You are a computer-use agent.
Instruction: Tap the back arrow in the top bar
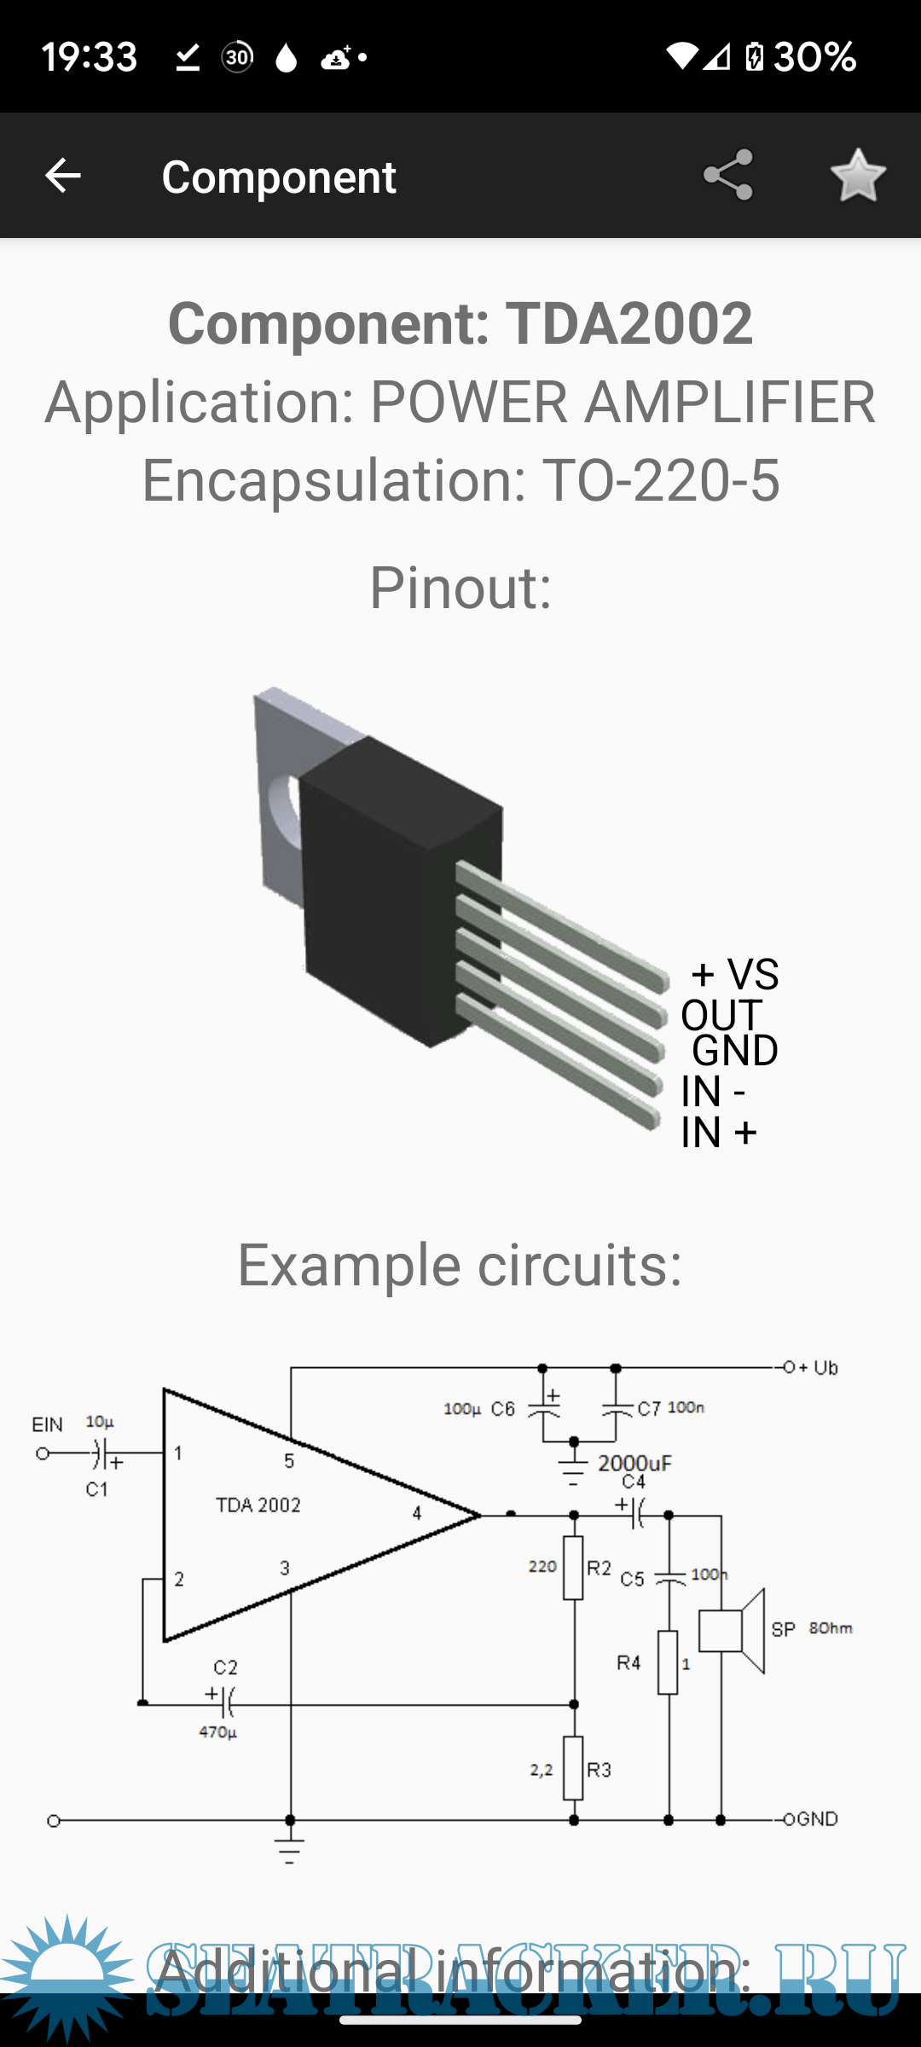pos(62,176)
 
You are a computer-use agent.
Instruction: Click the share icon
pos(727,176)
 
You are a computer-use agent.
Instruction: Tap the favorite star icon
pos(858,176)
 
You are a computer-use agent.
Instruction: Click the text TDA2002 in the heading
pos(628,323)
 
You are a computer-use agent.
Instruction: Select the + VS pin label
pos(735,974)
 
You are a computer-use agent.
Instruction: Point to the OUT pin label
pos(721,1015)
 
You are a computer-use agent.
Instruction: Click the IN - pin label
pos(713,1092)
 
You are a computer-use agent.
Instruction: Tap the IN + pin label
pos(718,1133)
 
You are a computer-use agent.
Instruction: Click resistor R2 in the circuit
pos(573,1568)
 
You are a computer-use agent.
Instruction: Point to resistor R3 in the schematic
pos(573,1768)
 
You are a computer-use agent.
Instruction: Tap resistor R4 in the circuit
pos(668,1662)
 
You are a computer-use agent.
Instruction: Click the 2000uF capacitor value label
pos(634,1464)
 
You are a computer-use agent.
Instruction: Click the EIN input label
pos(48,1424)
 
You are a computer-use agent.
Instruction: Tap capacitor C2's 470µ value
pos(217,1732)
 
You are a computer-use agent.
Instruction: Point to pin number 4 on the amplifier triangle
pos(416,1513)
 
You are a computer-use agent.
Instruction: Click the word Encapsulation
pos(333,480)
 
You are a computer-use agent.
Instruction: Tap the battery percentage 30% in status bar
pos(814,57)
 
